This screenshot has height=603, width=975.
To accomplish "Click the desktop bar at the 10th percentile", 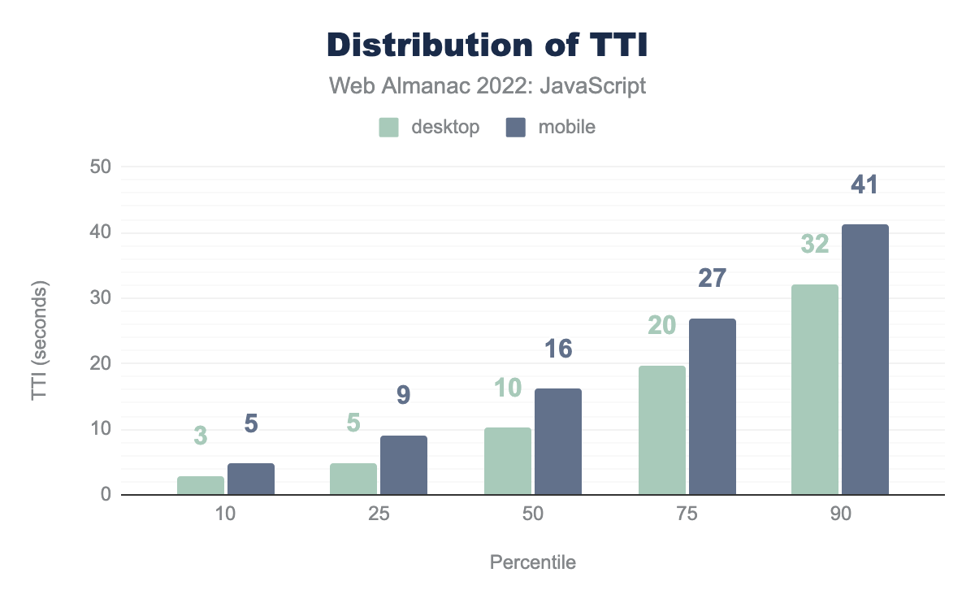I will (201, 485).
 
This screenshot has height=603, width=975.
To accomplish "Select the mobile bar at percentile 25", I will (404, 465).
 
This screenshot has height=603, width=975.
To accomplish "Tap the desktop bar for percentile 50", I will (508, 461).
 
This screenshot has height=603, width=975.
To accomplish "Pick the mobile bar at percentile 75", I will (713, 406).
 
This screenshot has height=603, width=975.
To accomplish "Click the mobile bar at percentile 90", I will (865, 359).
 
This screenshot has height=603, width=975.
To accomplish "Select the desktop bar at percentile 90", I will (815, 389).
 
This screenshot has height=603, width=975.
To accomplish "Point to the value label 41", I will (864, 185).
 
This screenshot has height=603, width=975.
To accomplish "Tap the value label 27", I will (712, 279).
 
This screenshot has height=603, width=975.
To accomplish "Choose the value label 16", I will (557, 349).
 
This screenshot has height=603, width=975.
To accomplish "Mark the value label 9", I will (404, 395).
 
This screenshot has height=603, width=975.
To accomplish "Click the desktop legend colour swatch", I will (389, 128).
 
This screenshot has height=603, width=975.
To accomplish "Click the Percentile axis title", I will (533, 562).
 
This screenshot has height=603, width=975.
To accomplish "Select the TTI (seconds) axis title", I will (39, 341).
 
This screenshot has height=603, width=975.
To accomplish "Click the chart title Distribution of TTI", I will (487, 46).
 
